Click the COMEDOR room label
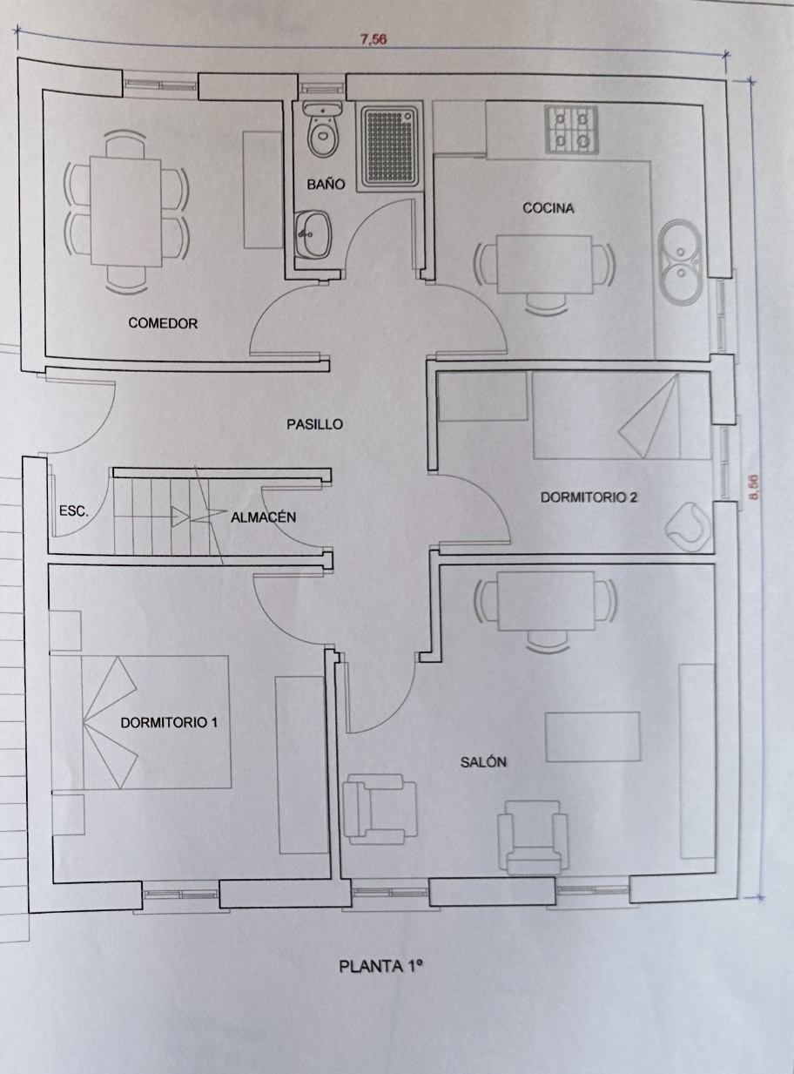(163, 323)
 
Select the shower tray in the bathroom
(389, 146)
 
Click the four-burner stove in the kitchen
(571, 131)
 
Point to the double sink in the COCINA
(682, 262)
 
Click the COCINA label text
(548, 208)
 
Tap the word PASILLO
(314, 425)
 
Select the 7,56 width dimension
(373, 39)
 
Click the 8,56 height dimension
(754, 486)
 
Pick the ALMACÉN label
(263, 517)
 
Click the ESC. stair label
(74, 510)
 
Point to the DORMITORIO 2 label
(589, 497)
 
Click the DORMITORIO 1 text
(169, 723)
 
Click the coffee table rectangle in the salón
(593, 737)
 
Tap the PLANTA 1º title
(381, 966)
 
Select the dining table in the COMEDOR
(125, 212)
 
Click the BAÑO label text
(326, 184)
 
